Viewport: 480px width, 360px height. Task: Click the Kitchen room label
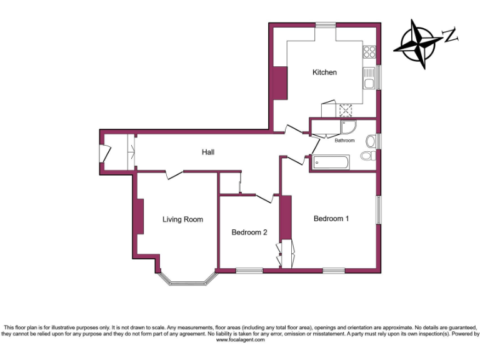click(324, 72)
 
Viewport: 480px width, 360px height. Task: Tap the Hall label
click(208, 152)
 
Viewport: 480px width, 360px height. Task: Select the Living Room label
click(182, 219)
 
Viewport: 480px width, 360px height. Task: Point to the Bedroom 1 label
click(331, 219)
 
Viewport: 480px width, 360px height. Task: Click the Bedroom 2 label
click(249, 232)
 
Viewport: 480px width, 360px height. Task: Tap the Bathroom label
click(344, 141)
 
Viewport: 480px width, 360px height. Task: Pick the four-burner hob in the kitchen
click(370, 52)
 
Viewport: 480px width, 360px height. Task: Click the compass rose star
click(417, 44)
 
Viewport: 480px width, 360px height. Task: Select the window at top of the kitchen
click(325, 25)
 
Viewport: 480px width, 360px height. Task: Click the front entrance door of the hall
click(105, 153)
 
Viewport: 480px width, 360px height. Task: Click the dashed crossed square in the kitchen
click(346, 110)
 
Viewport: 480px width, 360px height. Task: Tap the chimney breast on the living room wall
click(141, 216)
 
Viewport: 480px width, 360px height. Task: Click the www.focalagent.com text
click(240, 340)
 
